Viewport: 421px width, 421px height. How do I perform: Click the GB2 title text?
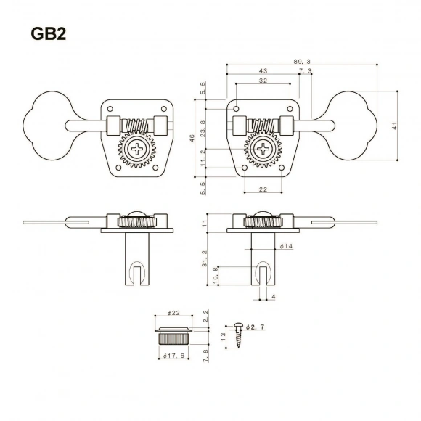coord(49,33)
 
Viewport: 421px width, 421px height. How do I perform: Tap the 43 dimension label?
coord(262,72)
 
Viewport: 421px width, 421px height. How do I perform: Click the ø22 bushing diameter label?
coord(173,313)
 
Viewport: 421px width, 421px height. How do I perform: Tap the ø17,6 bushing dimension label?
coord(173,355)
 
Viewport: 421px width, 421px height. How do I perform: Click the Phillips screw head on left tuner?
coord(137,151)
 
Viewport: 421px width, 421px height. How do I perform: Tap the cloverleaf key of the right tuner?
coord(356,125)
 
